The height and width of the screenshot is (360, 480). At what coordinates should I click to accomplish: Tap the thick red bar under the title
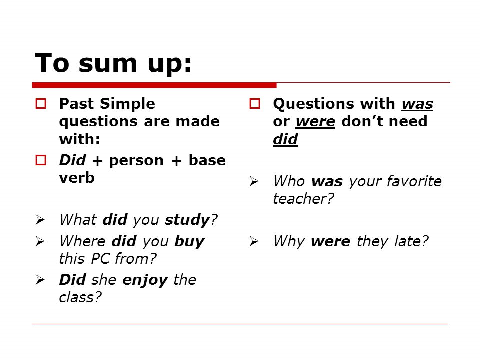pyautogui.click(x=154, y=85)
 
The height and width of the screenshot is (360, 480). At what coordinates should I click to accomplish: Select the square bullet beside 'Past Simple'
pyautogui.click(x=40, y=104)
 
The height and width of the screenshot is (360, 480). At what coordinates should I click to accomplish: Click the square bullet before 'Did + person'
pyautogui.click(x=40, y=160)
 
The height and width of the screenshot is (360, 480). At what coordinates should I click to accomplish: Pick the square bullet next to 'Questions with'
pyautogui.click(x=254, y=104)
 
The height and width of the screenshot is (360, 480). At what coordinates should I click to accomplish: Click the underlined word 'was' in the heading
pyautogui.click(x=417, y=104)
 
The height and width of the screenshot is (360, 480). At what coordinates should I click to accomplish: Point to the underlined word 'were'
pyautogui.click(x=315, y=122)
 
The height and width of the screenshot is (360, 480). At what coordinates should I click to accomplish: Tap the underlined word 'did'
pyautogui.click(x=285, y=139)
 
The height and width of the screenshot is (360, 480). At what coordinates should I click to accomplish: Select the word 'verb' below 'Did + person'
pyautogui.click(x=77, y=178)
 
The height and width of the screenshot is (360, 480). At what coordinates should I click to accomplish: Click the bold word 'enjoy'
pyautogui.click(x=145, y=280)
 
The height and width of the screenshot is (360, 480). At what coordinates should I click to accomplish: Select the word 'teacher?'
pyautogui.click(x=303, y=199)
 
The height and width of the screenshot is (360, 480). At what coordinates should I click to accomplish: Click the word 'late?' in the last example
pyautogui.click(x=411, y=241)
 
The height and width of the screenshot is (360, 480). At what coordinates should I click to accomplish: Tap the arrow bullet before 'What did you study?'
pyautogui.click(x=40, y=220)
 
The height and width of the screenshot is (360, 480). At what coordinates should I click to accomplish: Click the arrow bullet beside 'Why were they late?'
pyautogui.click(x=254, y=241)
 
